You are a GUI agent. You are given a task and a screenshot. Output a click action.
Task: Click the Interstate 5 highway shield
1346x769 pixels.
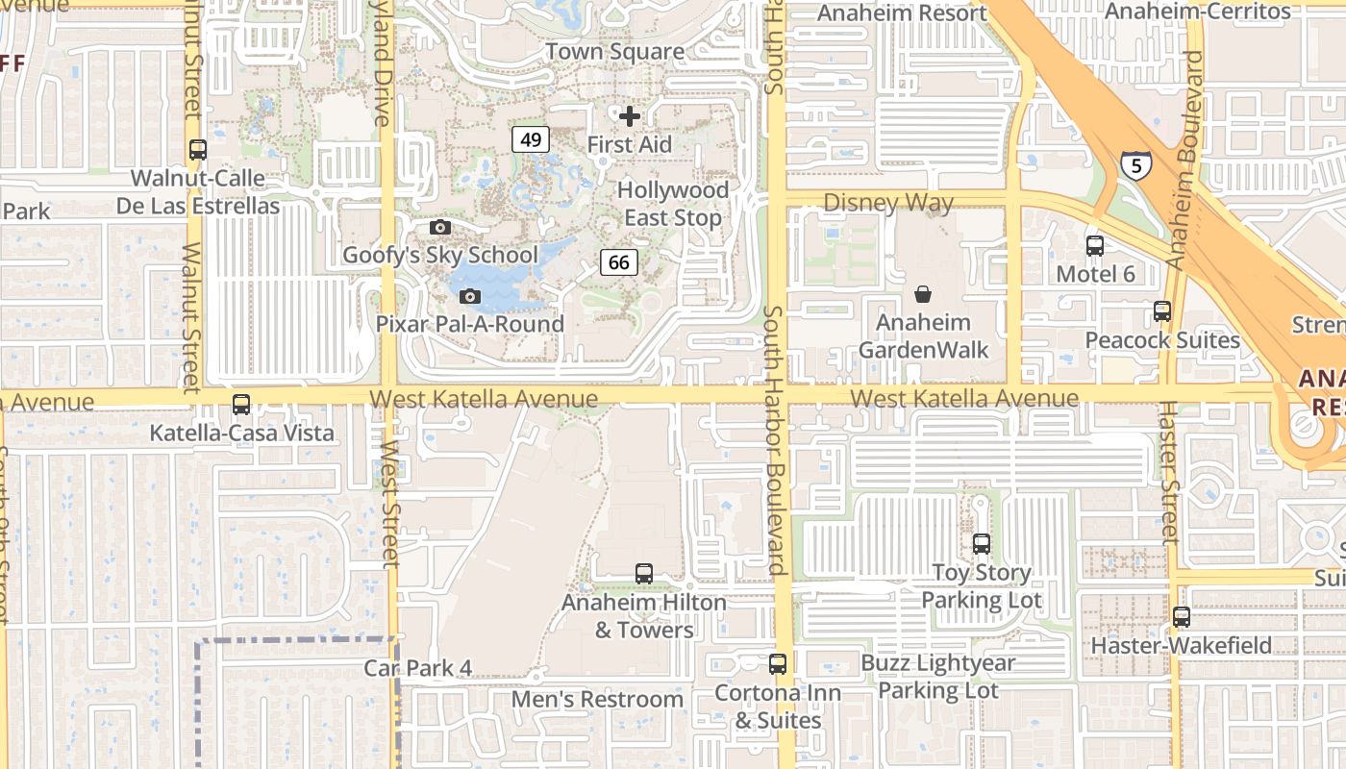click(1136, 165)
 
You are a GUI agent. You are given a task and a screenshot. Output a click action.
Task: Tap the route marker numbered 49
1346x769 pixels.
click(530, 139)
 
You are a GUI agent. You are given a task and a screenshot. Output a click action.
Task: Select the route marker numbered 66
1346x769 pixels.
click(619, 261)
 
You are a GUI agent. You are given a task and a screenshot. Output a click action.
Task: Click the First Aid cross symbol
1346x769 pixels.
click(630, 116)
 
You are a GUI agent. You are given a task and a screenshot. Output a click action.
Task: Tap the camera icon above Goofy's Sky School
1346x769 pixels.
click(440, 227)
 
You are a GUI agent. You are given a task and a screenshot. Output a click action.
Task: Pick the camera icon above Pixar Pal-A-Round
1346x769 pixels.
click(470, 296)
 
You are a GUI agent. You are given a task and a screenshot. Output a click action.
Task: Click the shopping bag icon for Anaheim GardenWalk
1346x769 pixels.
click(923, 293)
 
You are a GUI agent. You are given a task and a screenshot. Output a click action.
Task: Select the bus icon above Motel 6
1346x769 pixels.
click(1095, 245)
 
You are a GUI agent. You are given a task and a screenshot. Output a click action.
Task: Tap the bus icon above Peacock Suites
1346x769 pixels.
click(1162, 311)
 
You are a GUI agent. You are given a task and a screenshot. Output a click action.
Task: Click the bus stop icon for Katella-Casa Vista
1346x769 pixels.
click(241, 405)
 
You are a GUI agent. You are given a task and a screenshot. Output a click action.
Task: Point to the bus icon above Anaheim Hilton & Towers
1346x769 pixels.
click(644, 574)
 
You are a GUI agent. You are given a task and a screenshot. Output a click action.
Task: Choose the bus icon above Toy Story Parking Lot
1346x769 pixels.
click(982, 544)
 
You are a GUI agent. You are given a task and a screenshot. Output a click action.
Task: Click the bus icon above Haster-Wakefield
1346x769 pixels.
click(1182, 617)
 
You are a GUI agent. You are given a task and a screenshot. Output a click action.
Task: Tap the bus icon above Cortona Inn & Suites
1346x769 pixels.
click(778, 664)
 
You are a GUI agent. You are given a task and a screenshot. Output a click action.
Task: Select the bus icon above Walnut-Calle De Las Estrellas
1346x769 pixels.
click(198, 150)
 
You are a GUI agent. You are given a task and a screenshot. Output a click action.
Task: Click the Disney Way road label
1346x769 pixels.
click(888, 203)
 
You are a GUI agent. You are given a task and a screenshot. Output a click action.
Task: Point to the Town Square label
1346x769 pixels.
click(615, 52)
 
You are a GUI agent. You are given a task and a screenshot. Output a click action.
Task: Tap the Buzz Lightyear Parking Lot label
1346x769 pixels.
click(937, 677)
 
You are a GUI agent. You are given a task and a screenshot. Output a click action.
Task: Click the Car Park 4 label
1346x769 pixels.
click(418, 668)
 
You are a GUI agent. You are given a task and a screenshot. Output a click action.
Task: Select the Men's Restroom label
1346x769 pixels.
click(597, 699)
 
